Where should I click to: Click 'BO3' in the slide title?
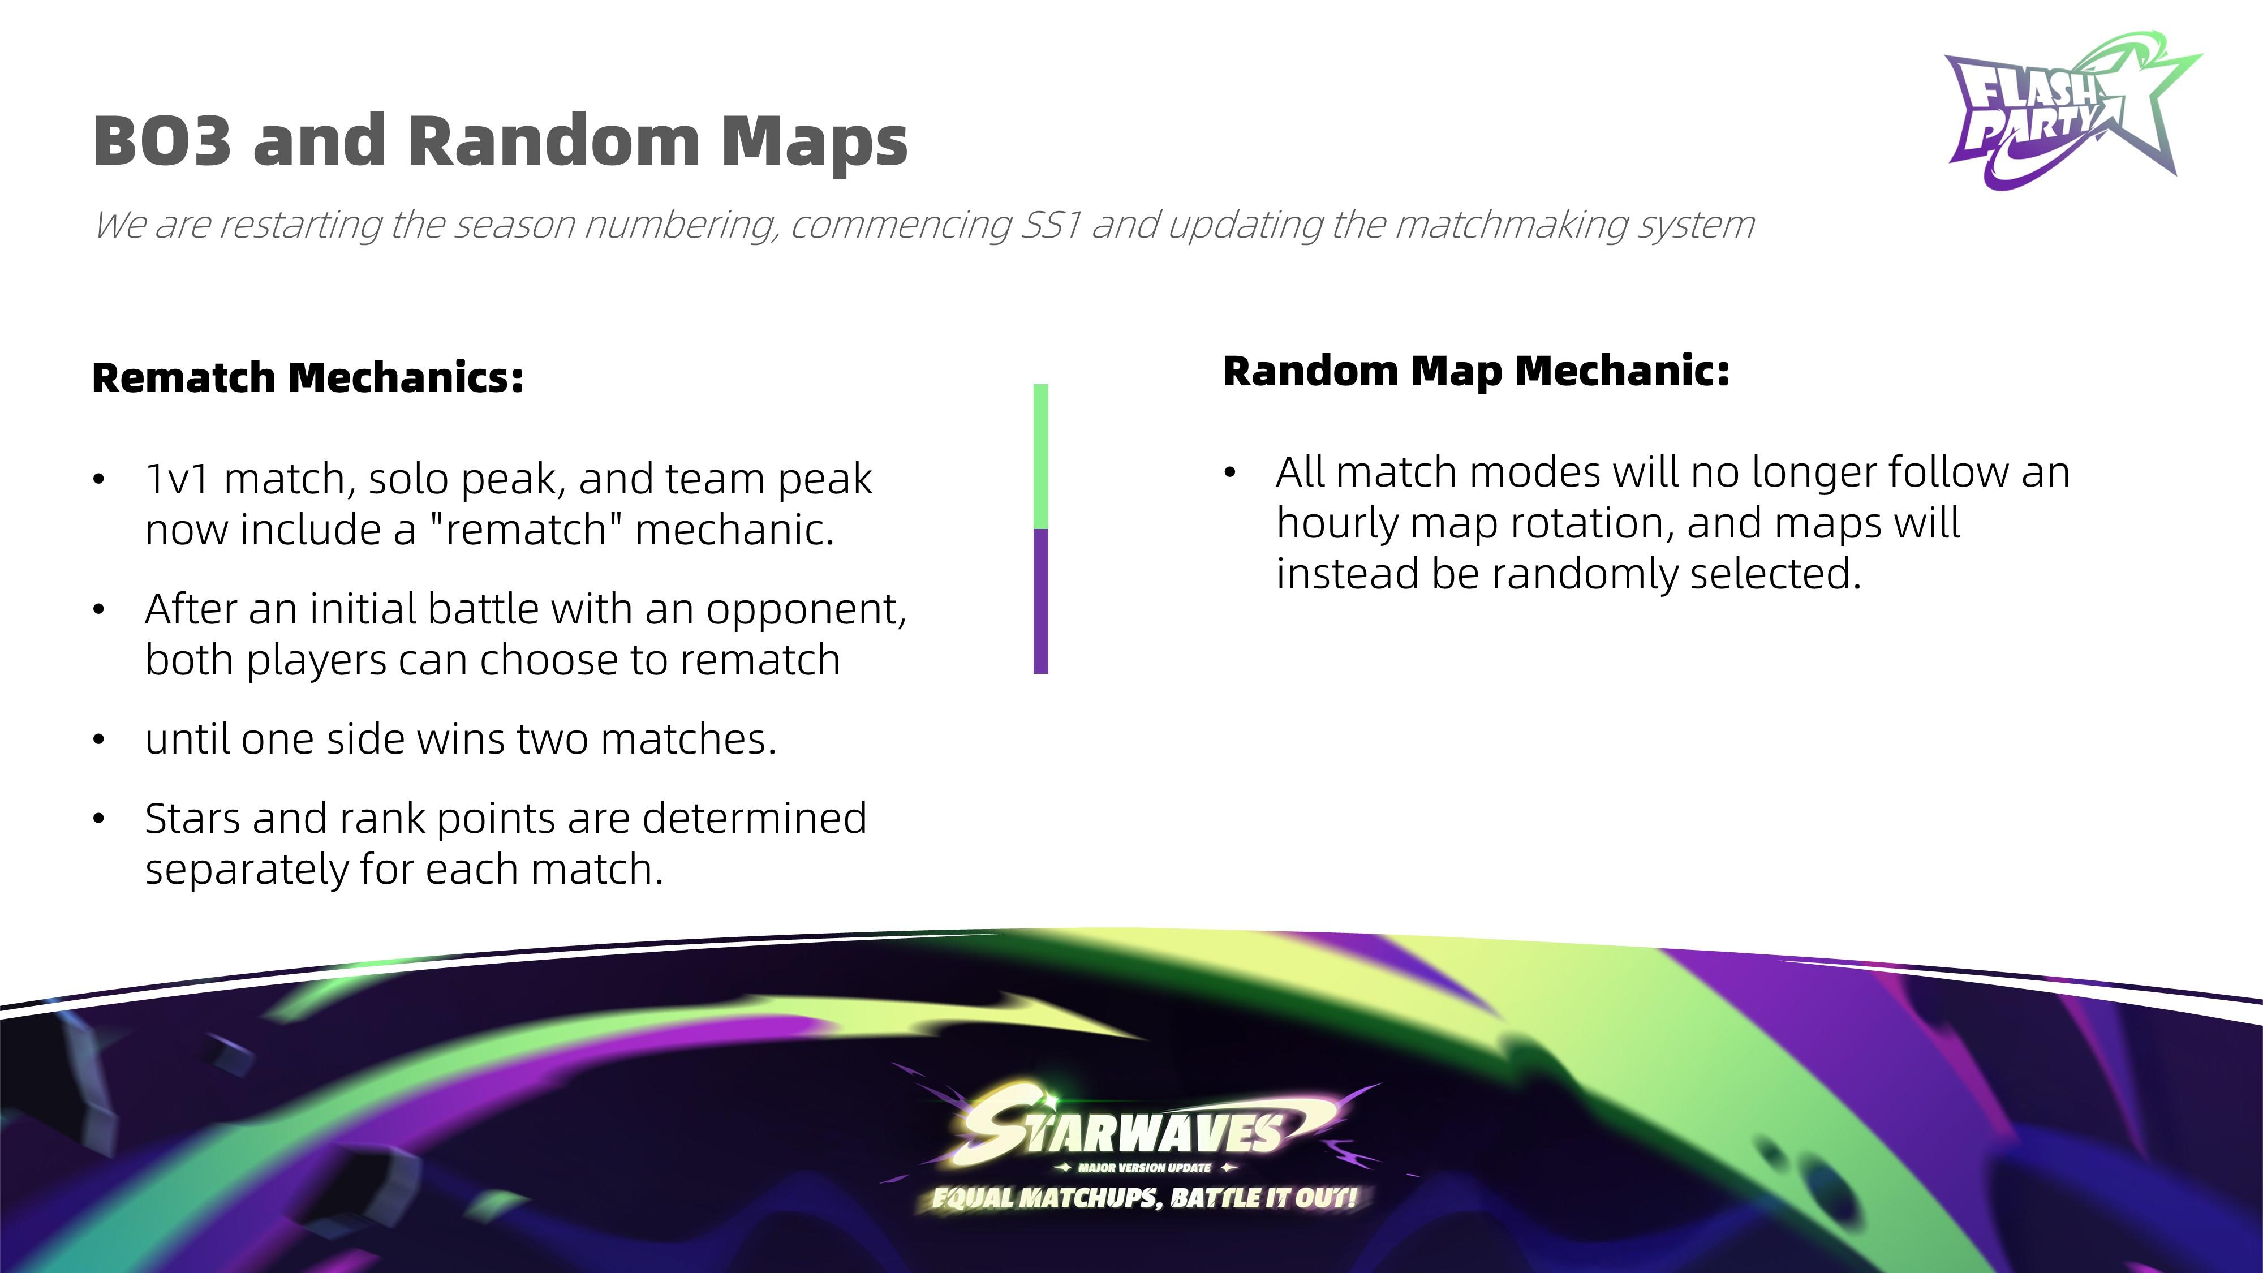(x=162, y=140)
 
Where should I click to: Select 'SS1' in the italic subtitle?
(x=1050, y=225)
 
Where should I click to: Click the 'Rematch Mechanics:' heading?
(x=307, y=378)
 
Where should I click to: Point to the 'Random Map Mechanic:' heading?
(x=1476, y=371)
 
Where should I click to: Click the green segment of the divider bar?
(x=1041, y=456)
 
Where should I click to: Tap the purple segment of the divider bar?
(x=1041, y=602)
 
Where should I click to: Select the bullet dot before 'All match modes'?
(x=1230, y=474)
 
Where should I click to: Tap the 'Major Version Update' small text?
(x=1145, y=1168)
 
